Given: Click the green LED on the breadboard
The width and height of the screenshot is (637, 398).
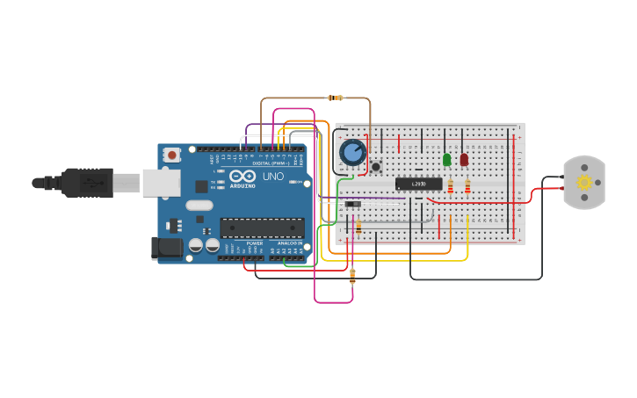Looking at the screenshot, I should pos(446,159).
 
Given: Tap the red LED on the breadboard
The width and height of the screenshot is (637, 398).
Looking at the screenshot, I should pos(464,159).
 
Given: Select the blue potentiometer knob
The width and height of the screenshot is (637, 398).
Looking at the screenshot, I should pos(352,152).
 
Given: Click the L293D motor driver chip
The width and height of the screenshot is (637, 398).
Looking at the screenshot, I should pos(418,184).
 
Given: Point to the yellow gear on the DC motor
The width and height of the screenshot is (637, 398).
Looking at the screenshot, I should pos(584,182).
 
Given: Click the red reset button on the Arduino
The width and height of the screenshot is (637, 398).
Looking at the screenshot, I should pos(172,155).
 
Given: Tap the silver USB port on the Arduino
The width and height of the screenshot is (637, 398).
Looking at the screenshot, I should pos(161,182).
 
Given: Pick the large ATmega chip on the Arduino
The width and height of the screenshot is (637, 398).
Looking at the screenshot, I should pos(262,228).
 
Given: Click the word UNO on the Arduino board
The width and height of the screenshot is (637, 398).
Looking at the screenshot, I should pos(273,177).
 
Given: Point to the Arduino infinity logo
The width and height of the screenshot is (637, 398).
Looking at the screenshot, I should pos(242,176).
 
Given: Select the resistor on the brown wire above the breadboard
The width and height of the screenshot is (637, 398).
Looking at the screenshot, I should pos(334,98).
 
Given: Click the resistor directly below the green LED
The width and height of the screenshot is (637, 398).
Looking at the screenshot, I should pos(451,186).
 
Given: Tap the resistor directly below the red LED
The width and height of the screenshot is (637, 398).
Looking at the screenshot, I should pos(467,186).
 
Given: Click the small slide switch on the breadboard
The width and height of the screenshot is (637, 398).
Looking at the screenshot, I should pos(352,205).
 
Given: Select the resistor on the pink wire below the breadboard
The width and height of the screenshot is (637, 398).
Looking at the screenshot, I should pos(352,277).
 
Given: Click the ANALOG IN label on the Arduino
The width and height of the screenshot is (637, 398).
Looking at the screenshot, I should pos(290,243).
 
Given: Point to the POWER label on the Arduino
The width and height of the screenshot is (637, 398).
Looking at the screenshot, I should pos(254,243).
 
